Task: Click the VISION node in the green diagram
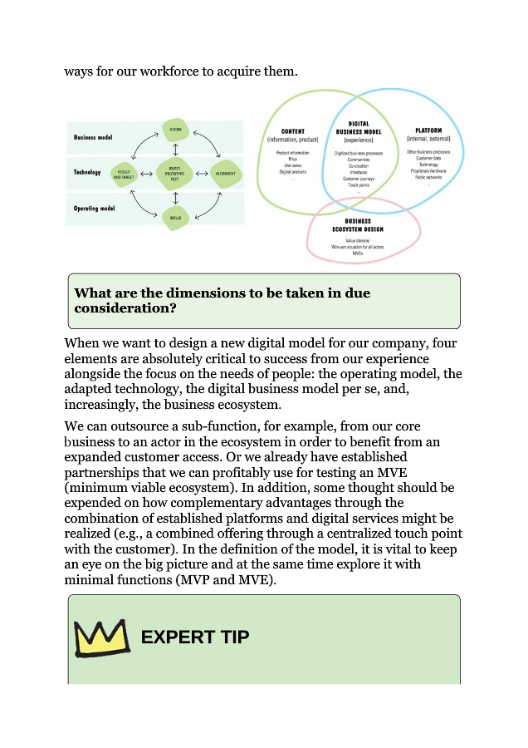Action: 175,130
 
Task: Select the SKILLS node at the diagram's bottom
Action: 175,218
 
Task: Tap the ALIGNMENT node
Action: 224,174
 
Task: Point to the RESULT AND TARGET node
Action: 123,175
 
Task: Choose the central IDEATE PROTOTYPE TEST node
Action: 175,174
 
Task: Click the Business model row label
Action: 93,138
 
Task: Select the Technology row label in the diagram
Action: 87,173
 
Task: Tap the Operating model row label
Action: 94,208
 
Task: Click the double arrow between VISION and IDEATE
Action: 175,150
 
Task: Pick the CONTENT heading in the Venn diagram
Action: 293,131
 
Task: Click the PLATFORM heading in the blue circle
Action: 429,130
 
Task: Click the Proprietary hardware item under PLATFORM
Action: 428,171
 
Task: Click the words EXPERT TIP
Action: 194,637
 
